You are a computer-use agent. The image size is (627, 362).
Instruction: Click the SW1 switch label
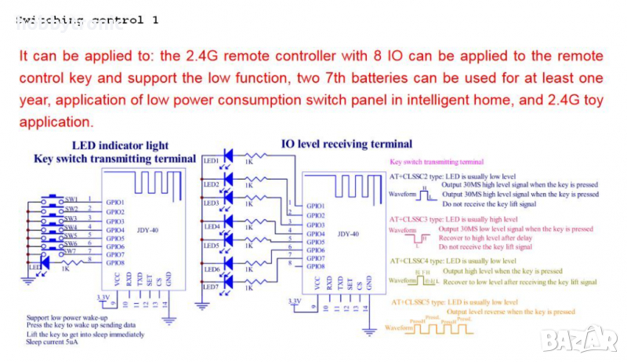pos(71,199)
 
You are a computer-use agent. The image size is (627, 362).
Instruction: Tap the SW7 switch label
pos(71,251)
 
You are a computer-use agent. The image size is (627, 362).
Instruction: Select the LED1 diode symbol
pos(229,155)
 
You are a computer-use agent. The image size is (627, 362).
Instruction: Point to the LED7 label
pos(210,287)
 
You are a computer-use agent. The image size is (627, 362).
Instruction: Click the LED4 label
pos(210,226)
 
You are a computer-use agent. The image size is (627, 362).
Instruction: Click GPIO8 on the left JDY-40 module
pos(115,264)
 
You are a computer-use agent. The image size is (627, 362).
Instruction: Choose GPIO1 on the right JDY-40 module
pos(316,206)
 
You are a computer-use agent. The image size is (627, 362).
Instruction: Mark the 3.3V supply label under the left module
pos(103,298)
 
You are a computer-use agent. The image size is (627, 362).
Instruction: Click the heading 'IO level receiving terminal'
pos(346,144)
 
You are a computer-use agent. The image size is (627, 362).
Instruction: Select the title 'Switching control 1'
pos(86,20)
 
